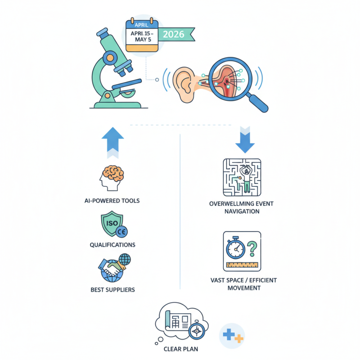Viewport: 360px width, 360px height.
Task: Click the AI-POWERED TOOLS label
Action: coord(112,201)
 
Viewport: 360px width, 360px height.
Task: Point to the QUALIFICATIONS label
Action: coord(112,245)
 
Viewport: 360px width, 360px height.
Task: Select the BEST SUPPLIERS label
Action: coord(112,290)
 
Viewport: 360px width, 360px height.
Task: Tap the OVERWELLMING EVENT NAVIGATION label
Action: coord(241,207)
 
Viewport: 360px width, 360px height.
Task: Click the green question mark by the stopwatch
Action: coord(252,247)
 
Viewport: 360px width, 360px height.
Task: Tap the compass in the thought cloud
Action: coord(196,330)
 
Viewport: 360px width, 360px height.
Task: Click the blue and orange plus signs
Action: coord(233,336)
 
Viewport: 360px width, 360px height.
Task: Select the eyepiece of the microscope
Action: coord(104,34)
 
